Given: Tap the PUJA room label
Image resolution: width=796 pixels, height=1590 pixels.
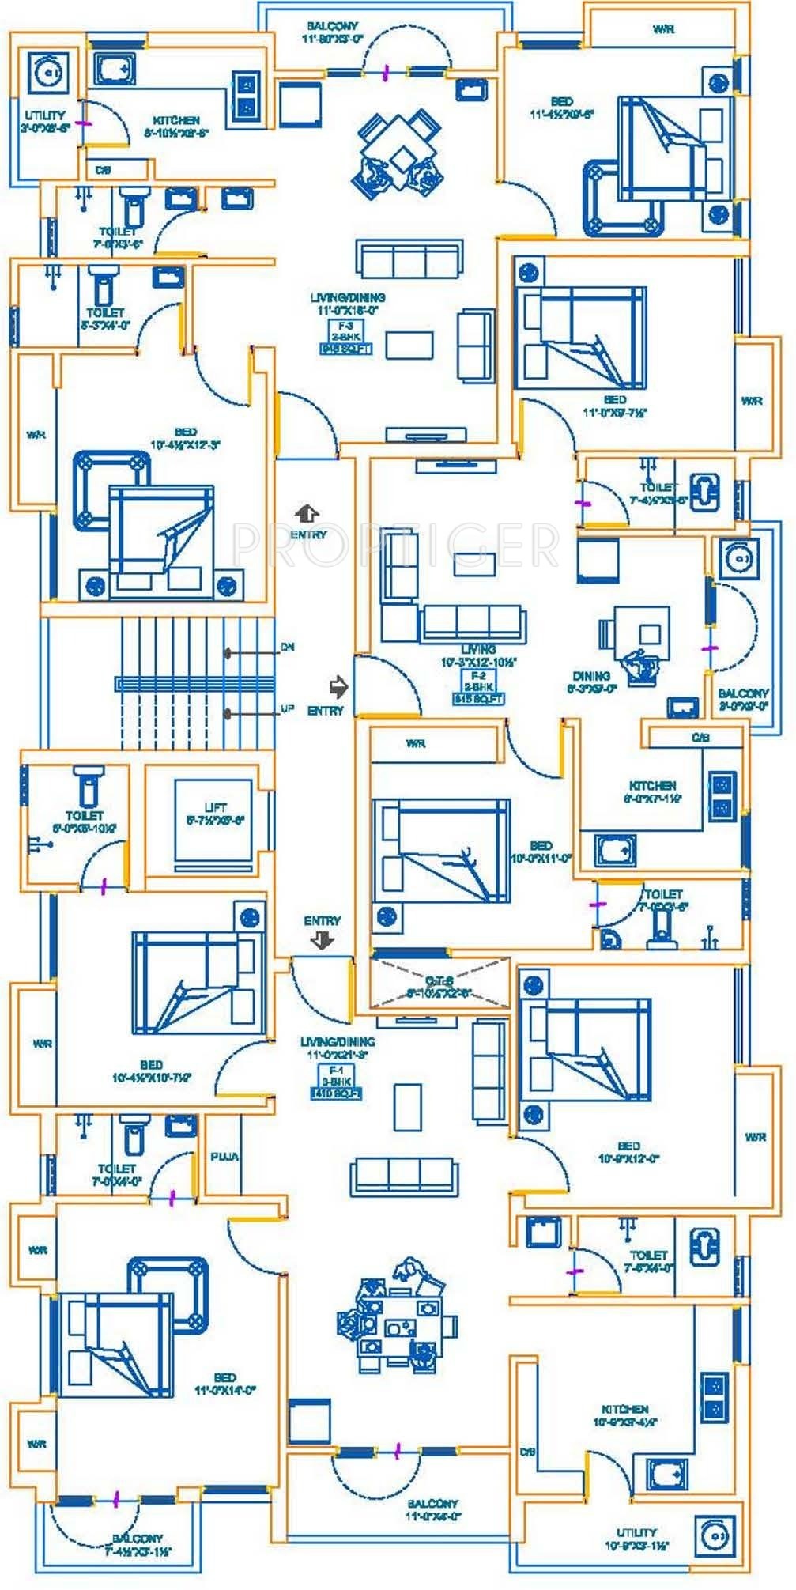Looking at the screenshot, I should tap(225, 1156).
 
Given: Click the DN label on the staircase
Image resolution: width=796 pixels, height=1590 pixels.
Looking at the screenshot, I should tap(288, 647).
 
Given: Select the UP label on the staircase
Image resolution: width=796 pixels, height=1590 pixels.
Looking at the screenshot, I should tap(288, 709).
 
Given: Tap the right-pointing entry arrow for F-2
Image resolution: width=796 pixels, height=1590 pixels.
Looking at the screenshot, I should tap(338, 686).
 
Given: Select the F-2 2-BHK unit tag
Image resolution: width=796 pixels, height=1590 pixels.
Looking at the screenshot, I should tap(478, 688).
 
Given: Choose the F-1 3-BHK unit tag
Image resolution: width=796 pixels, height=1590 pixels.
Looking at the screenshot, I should tap(335, 1081).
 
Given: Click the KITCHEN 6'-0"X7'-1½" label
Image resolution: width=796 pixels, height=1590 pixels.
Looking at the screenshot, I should tap(652, 791).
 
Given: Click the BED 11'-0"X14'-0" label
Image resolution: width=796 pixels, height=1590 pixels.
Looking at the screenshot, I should tap(224, 1384).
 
